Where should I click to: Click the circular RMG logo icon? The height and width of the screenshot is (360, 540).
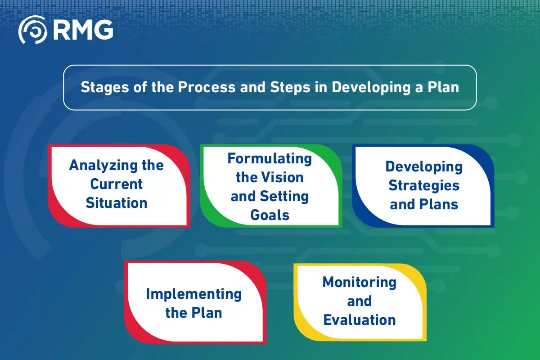pyautogui.click(x=32, y=30)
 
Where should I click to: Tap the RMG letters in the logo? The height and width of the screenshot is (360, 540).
pyautogui.click(x=83, y=30)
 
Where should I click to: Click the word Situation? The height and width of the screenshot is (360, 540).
pyautogui.click(x=117, y=203)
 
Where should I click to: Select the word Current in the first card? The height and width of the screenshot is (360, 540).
pyautogui.click(x=117, y=184)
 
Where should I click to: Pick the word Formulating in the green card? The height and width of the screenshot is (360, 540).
pyautogui.click(x=270, y=158)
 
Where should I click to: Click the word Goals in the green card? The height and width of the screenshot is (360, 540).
pyautogui.click(x=270, y=215)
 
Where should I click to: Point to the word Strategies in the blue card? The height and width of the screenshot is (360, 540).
pyautogui.click(x=424, y=185)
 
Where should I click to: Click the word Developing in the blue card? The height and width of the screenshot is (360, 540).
pyautogui.click(x=424, y=166)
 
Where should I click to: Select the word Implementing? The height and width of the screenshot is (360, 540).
pyautogui.click(x=193, y=294)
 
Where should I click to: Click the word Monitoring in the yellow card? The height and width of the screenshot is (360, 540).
pyautogui.click(x=360, y=282)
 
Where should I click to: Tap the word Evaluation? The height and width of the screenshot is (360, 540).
pyautogui.click(x=360, y=320)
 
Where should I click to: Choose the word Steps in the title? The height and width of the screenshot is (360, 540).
pyautogui.click(x=287, y=87)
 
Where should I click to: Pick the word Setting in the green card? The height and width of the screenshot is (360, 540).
pyautogui.click(x=284, y=196)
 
